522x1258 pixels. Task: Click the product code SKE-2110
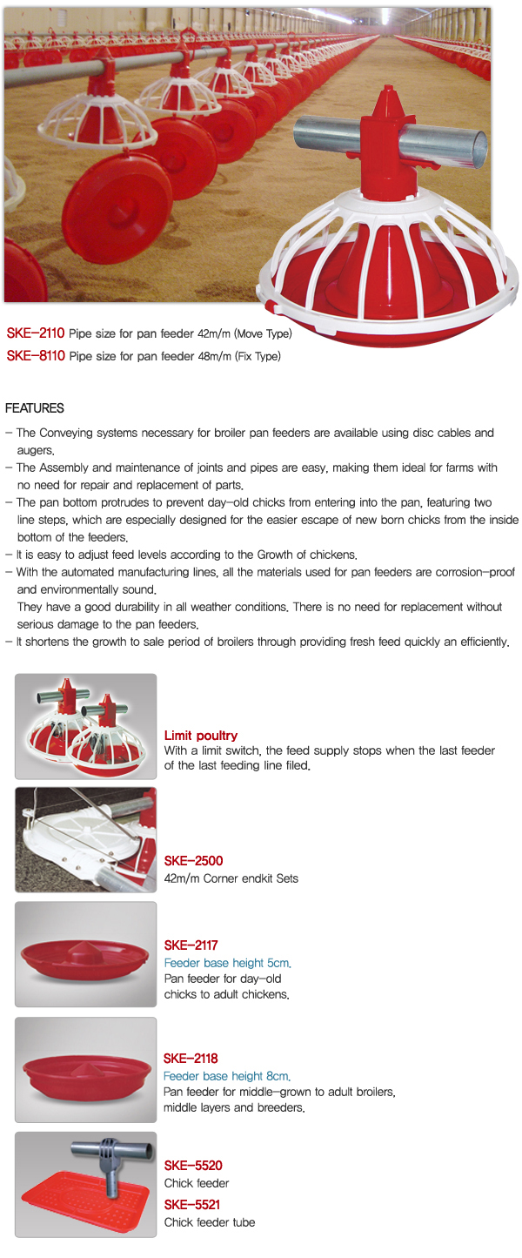coord(36,333)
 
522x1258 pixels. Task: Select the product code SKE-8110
coord(36,355)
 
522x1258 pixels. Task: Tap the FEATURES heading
coord(35,408)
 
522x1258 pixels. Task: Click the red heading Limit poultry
coord(201,736)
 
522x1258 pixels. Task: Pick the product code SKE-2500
coord(193,862)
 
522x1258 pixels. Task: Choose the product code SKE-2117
coord(191,945)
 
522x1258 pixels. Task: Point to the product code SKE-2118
coord(191,1059)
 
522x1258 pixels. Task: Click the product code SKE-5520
coord(193,1166)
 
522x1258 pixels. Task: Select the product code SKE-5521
coord(192,1205)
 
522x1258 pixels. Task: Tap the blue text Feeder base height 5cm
coord(228,963)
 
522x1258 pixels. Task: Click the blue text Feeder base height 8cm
coord(227,1076)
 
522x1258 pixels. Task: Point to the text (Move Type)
coord(263,333)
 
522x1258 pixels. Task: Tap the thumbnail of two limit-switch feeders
coord(86,726)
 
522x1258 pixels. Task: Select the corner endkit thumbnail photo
coord(86,840)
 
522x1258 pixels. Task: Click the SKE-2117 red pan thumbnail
coord(86,955)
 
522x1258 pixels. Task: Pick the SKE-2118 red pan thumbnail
coord(86,1070)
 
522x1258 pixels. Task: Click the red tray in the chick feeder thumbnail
coord(78,1206)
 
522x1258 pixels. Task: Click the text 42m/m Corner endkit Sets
coord(231,878)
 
